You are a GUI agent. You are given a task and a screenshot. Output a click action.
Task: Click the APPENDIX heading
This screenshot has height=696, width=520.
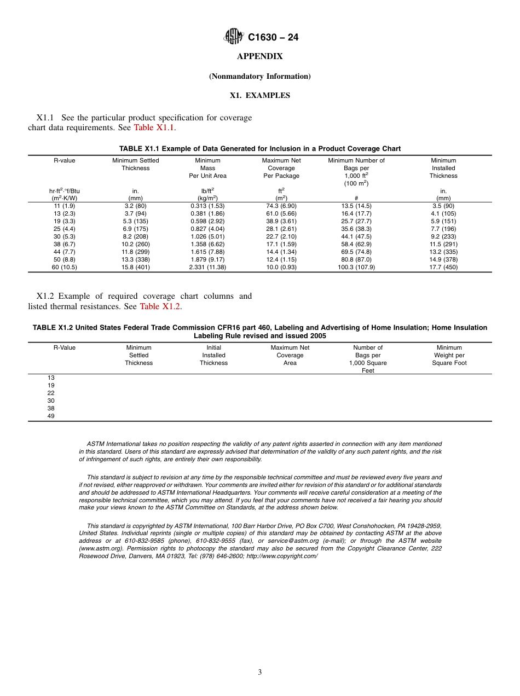[259, 56]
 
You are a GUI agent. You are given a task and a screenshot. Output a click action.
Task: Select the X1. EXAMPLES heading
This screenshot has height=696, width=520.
[259, 95]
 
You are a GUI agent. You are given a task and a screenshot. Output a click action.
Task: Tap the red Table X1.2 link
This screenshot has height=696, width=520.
[160, 306]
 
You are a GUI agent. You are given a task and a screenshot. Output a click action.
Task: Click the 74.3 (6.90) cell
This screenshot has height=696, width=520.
[281, 206]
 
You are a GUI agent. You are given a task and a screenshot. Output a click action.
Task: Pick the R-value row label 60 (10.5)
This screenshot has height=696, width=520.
[64, 268]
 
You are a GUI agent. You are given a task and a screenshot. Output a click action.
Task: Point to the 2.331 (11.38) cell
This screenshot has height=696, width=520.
[207, 268]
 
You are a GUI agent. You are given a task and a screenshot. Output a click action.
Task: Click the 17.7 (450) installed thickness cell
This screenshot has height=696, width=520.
[443, 268]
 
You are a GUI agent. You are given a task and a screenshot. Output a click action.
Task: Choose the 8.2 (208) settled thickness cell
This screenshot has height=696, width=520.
[135, 236]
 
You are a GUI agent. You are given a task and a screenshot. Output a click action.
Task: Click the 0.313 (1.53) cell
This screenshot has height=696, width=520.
[207, 206]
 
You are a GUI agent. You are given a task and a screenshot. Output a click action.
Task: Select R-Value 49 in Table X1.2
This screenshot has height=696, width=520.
[51, 416]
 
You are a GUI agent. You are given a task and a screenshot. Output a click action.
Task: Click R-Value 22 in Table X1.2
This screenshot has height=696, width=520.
[51, 393]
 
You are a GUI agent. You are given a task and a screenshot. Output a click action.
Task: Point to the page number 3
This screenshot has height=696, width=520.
[259, 672]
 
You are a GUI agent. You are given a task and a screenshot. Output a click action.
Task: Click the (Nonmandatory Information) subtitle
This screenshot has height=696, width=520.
[259, 76]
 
